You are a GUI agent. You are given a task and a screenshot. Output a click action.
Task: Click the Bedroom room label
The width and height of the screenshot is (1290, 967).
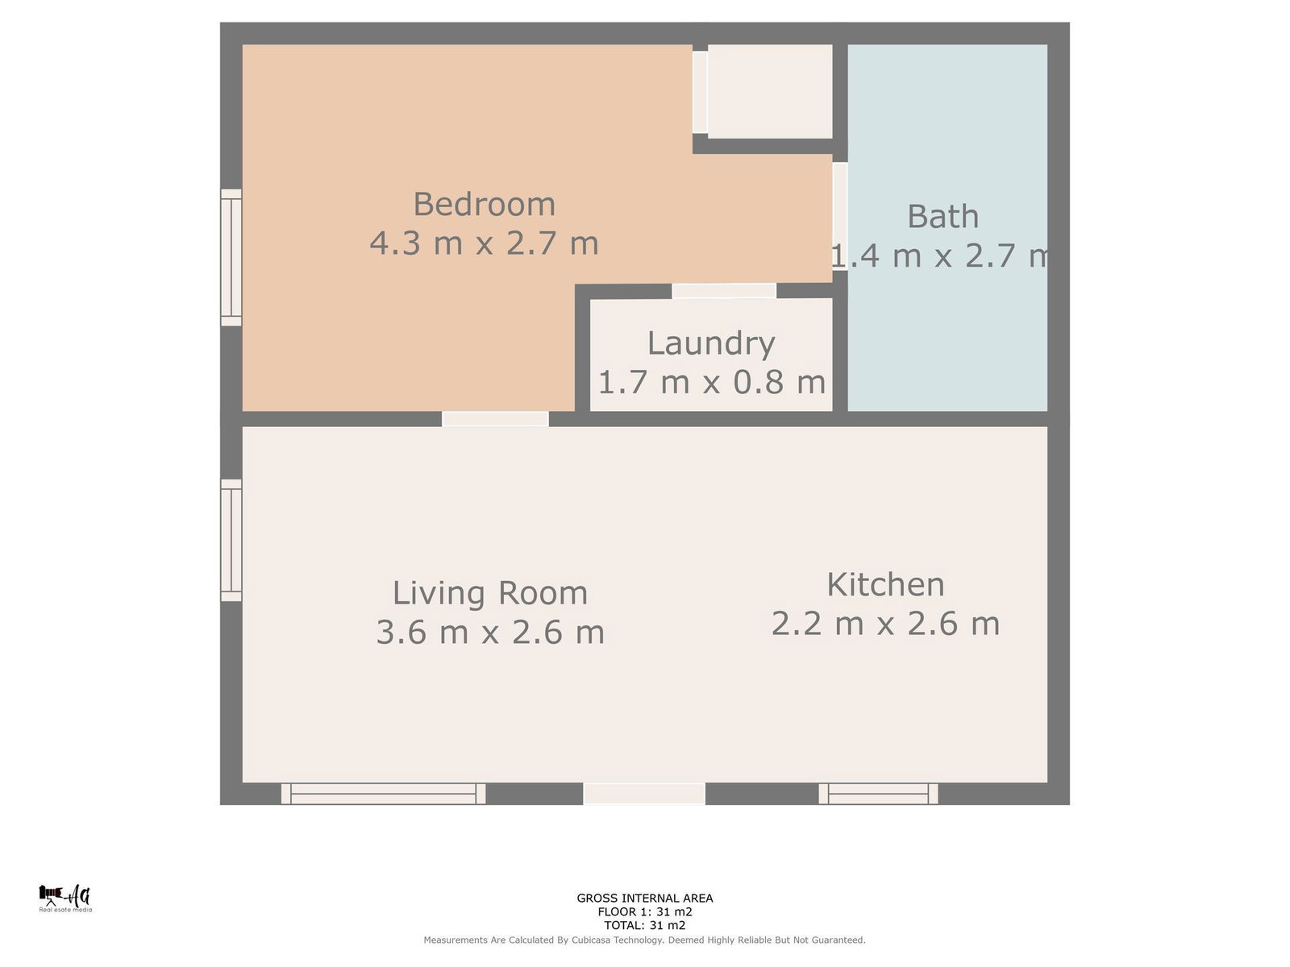pyautogui.click(x=484, y=204)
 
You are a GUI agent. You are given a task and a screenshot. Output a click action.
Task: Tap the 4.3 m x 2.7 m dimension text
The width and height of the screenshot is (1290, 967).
pyautogui.click(x=484, y=243)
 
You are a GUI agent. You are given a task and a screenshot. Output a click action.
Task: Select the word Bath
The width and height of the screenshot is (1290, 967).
pyautogui.click(x=943, y=216)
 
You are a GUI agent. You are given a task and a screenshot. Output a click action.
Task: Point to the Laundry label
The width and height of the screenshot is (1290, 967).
pyautogui.click(x=711, y=343)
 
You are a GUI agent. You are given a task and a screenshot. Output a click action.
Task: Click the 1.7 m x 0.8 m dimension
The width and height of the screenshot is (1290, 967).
pyautogui.click(x=711, y=382)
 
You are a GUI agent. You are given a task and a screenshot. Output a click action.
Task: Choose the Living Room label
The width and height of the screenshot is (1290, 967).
pyautogui.click(x=489, y=593)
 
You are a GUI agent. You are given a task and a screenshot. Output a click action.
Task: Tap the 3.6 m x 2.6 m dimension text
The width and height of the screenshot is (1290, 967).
pyautogui.click(x=489, y=632)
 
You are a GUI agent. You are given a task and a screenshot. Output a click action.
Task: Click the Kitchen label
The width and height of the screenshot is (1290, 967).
pyautogui.click(x=885, y=584)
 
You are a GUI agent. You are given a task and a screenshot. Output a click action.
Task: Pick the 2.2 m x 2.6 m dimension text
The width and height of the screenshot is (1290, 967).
pyautogui.click(x=885, y=623)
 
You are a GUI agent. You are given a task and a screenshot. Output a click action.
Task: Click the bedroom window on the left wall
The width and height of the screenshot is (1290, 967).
pyautogui.click(x=231, y=257)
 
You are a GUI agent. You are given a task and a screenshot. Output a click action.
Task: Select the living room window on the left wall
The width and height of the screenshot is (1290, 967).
pyautogui.click(x=231, y=540)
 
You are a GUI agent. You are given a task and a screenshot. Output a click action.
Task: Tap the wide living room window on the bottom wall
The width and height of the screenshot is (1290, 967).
pyautogui.click(x=383, y=793)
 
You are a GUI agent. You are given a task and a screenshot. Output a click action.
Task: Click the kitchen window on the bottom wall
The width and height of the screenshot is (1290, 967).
pyautogui.click(x=878, y=793)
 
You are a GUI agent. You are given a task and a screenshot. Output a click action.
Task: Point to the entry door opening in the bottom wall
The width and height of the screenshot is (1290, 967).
pyautogui.click(x=644, y=793)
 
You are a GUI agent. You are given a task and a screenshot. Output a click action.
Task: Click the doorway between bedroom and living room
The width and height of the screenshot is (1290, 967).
pyautogui.click(x=495, y=418)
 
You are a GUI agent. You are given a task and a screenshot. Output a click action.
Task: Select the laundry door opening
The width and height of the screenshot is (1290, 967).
pyautogui.click(x=724, y=291)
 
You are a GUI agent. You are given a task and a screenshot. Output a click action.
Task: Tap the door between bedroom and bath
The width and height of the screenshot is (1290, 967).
pyautogui.click(x=840, y=216)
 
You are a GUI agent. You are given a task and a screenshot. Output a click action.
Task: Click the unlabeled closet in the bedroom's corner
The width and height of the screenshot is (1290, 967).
pyautogui.click(x=770, y=92)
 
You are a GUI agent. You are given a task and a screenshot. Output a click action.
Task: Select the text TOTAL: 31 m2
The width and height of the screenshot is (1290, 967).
pyautogui.click(x=645, y=925)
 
